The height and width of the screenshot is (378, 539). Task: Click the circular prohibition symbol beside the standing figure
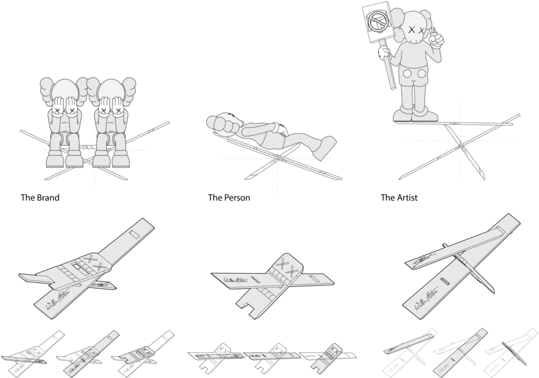[378, 22]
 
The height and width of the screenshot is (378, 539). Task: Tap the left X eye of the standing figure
[412, 29]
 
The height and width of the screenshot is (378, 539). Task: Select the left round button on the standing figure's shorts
[407, 74]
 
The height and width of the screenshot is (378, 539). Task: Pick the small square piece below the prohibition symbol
[383, 44]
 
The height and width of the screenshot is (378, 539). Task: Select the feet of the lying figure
[325, 147]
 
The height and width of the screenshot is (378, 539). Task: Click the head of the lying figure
[222, 124]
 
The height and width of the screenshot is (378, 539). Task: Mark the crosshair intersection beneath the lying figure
[277, 159]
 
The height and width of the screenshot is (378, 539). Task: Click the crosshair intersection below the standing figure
[461, 141]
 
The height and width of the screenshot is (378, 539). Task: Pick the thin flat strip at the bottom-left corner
[23, 360]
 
